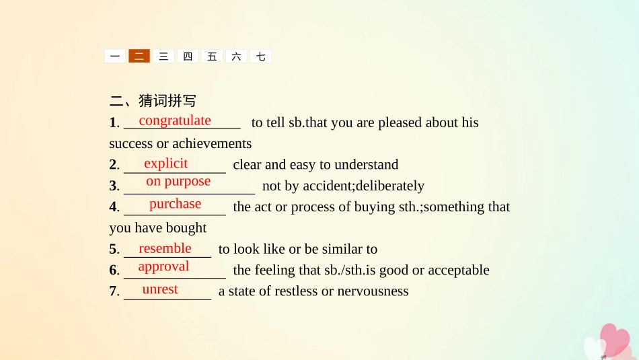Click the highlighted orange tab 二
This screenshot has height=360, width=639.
(x=139, y=57)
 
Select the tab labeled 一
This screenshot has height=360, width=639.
(x=115, y=57)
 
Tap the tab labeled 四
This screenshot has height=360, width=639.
(x=188, y=57)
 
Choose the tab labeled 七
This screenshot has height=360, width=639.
(x=260, y=57)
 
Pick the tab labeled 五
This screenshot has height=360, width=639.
(x=212, y=57)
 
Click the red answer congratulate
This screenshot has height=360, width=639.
(x=175, y=120)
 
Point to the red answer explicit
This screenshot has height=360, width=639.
(x=166, y=163)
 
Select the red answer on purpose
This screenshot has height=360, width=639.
(x=178, y=181)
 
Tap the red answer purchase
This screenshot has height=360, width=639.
(x=175, y=203)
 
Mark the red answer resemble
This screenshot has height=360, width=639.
(x=165, y=248)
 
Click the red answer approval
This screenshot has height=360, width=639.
(x=163, y=266)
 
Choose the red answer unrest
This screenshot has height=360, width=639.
(x=160, y=289)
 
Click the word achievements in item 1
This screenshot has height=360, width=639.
(x=212, y=143)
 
